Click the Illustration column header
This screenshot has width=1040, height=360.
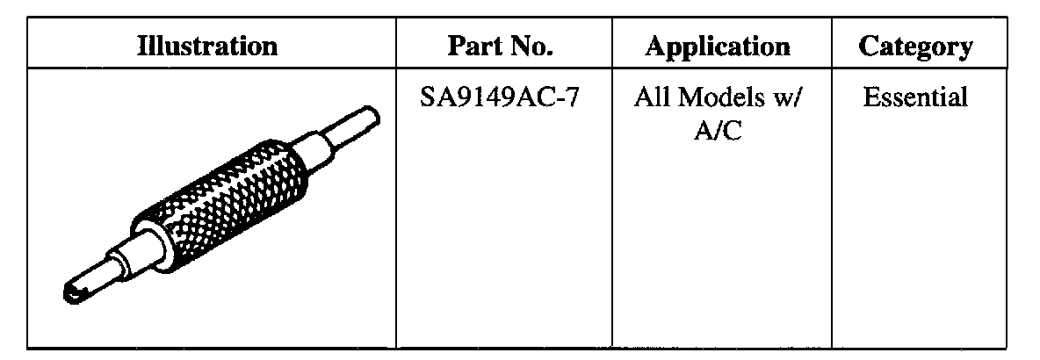[207, 46]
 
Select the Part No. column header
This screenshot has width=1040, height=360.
[500, 46]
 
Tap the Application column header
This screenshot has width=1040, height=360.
[717, 47]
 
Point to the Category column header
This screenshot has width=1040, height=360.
[916, 47]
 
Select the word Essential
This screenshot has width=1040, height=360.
[915, 97]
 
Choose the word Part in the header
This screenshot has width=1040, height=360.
[475, 46]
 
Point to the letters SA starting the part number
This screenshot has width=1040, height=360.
[436, 98]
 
